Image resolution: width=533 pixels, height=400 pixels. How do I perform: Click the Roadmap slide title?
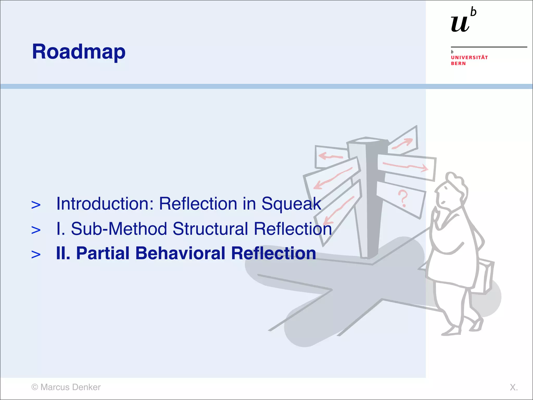pos(79,52)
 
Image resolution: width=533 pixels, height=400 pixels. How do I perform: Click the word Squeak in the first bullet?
pos(291,204)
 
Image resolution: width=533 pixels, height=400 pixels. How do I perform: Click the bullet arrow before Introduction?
pos(36,205)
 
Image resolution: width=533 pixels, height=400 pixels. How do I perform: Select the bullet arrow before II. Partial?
pos(36,254)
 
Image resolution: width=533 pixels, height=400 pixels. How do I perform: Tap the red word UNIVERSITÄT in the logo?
pos(469,58)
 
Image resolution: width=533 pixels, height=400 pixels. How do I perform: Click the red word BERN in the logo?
pos(458,64)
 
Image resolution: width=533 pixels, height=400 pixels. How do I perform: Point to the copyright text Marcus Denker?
pos(70,387)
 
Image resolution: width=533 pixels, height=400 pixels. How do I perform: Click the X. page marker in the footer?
pos(513,387)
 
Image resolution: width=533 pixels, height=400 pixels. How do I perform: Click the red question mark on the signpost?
pos(403,198)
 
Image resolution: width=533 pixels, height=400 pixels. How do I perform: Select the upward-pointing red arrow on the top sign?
pos(403,143)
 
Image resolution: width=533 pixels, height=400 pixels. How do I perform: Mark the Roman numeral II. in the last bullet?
pos(63,253)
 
